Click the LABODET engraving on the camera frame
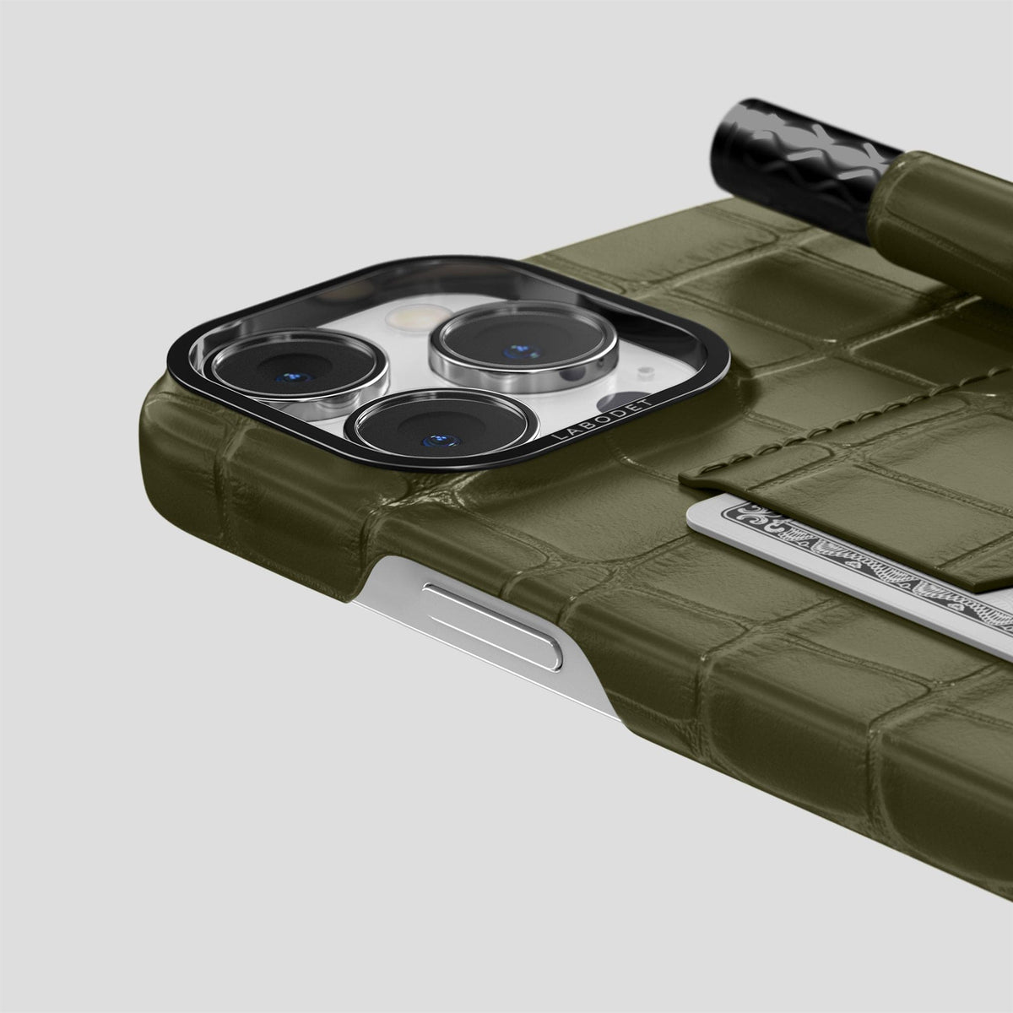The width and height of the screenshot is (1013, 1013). [x=602, y=419]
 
